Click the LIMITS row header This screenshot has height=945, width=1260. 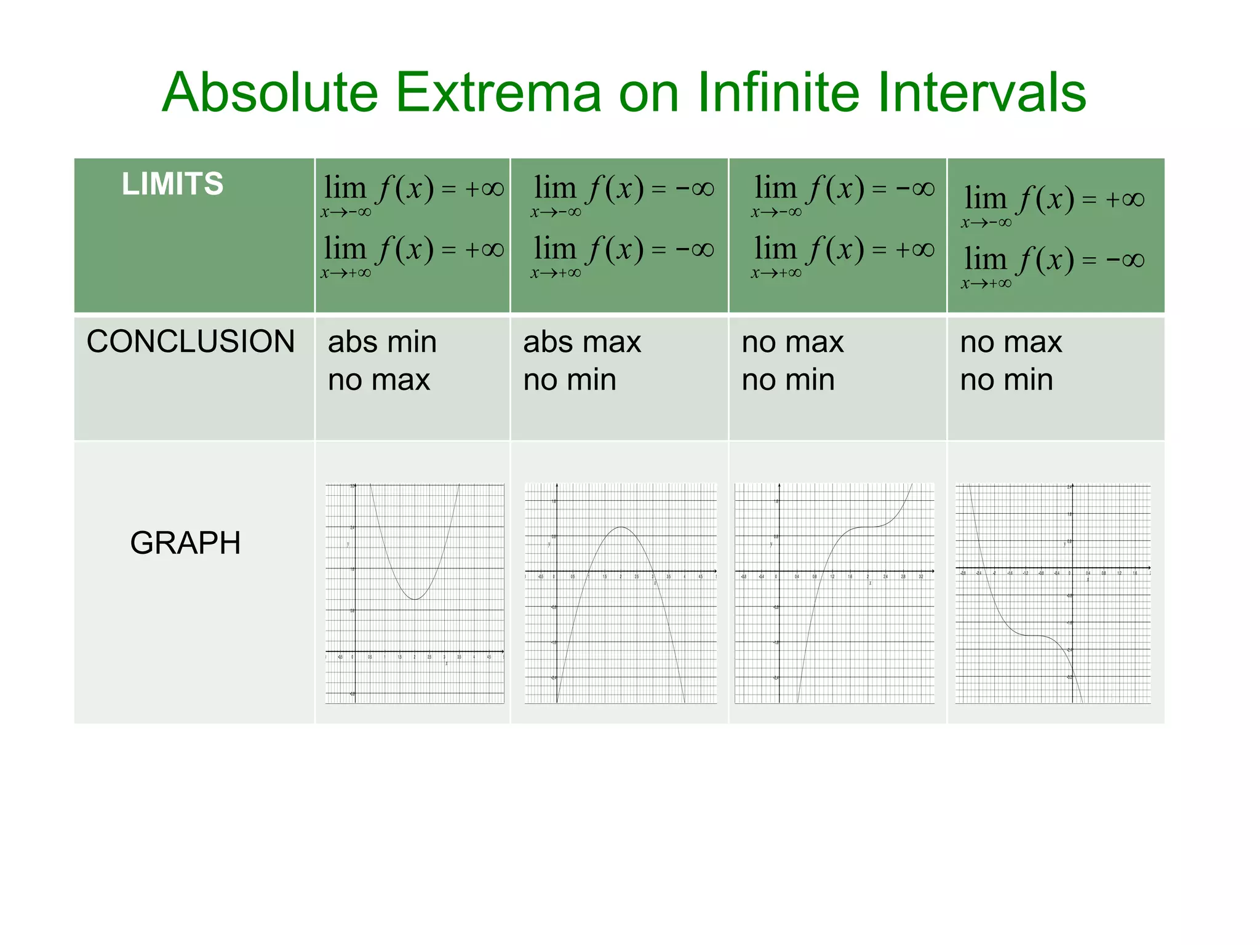(x=172, y=184)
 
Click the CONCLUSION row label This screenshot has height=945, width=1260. (x=191, y=341)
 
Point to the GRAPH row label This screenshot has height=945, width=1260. (x=185, y=543)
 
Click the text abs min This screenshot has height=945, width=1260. (x=382, y=342)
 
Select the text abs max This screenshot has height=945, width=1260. (x=582, y=342)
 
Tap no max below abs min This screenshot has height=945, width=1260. (x=378, y=380)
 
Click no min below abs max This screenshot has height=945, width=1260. (x=570, y=380)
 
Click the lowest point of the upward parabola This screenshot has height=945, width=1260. (x=415, y=599)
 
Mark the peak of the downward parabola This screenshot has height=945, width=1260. (x=621, y=527)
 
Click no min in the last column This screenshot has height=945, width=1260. (x=1007, y=380)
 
